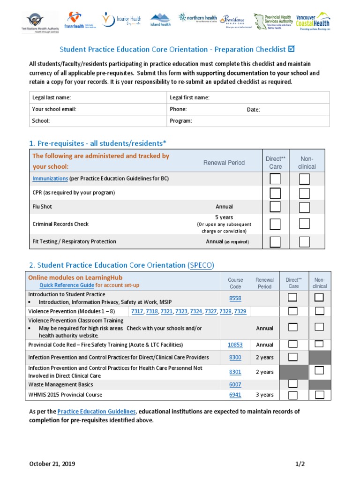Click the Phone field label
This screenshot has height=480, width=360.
tap(178, 109)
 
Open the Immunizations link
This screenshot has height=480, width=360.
tap(50, 179)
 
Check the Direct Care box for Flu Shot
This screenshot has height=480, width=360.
tap(275, 207)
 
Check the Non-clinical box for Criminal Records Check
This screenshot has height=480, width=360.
tap(305, 224)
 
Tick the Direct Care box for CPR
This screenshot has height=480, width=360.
tap(275, 193)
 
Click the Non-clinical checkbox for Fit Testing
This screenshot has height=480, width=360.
tap(305, 242)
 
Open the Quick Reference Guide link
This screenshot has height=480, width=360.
tap(67, 285)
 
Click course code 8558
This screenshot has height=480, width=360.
tap(235, 298)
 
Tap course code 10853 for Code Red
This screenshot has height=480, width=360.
tap(235, 345)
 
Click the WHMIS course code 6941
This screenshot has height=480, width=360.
tap(235, 395)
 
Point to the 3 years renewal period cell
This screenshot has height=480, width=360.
tap(264, 395)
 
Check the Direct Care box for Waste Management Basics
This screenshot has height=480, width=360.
tap(292, 384)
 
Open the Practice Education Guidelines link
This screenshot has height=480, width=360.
tap(97, 411)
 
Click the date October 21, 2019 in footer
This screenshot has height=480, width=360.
tap(52, 464)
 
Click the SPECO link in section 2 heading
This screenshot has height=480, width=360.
tap(201, 265)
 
